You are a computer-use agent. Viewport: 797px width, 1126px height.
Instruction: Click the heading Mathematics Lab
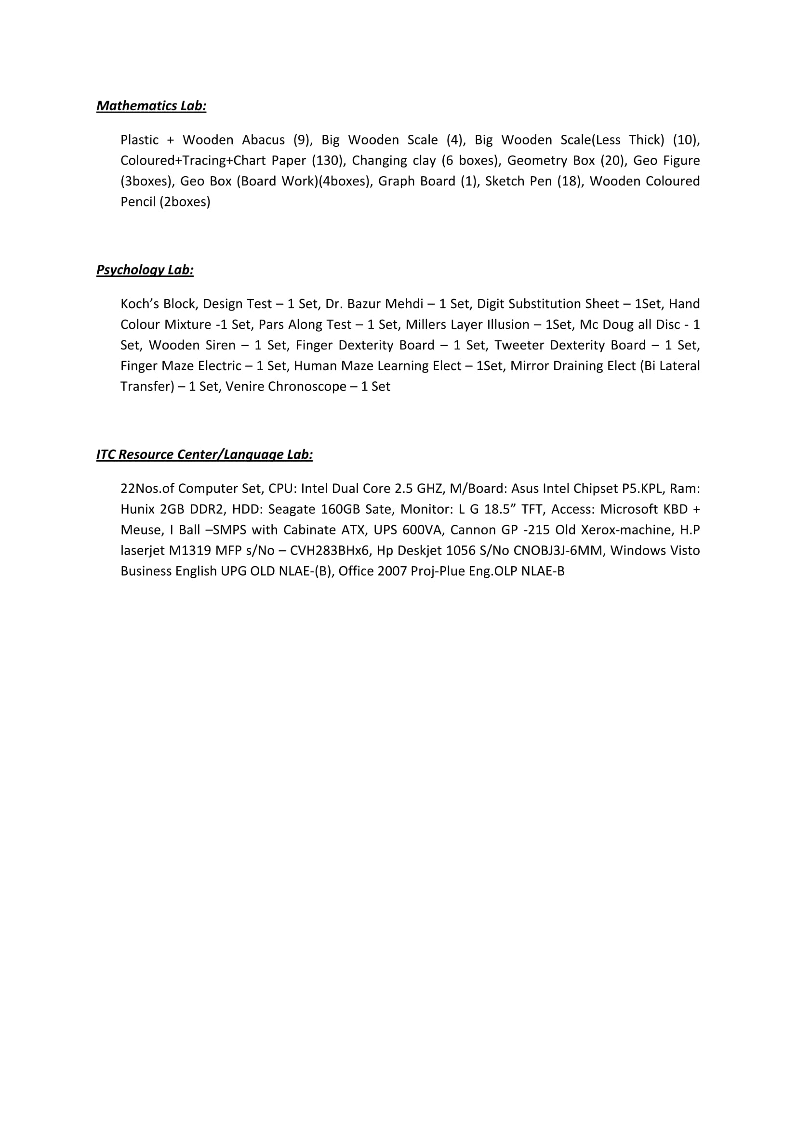pos(151,106)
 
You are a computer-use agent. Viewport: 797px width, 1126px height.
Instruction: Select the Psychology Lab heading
pos(145,270)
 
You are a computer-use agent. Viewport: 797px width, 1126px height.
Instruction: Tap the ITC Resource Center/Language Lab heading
pos(204,454)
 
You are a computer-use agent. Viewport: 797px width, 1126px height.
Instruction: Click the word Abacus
pos(263,140)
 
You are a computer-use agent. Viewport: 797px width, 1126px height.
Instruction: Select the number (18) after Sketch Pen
pos(569,181)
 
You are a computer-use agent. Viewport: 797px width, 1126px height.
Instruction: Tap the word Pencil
pos(138,202)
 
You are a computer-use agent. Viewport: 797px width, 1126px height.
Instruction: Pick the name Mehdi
pos(404,304)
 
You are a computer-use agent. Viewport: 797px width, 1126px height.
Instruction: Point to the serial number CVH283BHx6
pos(329,551)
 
